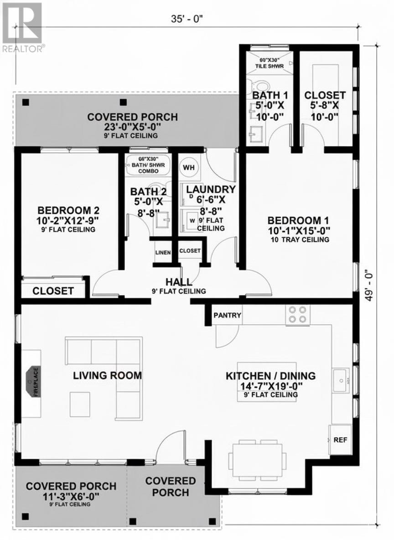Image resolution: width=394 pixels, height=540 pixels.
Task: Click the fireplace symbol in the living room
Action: (x=33, y=382)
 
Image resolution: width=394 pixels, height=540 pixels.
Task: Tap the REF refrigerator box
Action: (x=340, y=440)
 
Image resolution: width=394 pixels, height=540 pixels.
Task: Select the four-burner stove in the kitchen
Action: (x=297, y=314)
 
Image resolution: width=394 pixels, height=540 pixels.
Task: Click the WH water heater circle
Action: (x=189, y=167)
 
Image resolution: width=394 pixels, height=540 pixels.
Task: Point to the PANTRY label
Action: (x=227, y=315)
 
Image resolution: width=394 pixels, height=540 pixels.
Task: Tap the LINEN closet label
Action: (x=163, y=252)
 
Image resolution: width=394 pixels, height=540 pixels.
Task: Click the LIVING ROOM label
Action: (x=108, y=375)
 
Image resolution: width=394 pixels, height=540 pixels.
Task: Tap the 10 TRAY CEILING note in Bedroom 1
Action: (x=299, y=239)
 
